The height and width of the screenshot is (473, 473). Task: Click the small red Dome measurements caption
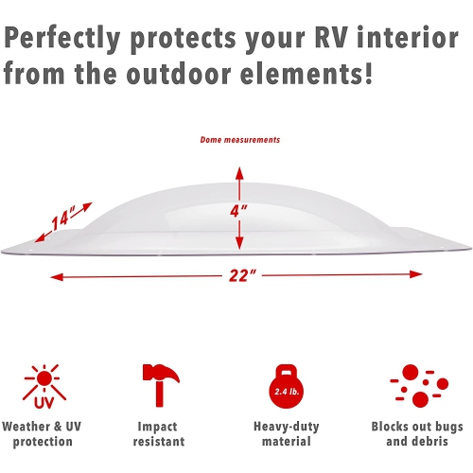click(239, 140)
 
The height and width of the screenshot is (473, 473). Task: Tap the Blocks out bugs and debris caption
click(416, 433)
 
